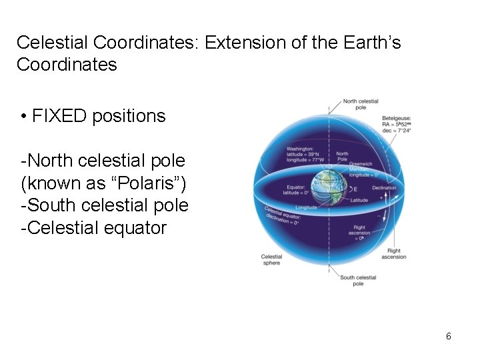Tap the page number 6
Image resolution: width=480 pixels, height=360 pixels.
[x=449, y=336]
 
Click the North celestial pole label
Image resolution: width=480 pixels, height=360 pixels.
[x=360, y=104]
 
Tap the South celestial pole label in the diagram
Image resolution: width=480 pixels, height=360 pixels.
[x=358, y=281]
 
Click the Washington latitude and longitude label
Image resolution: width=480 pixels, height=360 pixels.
[x=305, y=154]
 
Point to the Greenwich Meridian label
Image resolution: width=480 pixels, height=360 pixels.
[x=363, y=169]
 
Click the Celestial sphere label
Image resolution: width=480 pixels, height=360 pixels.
[x=271, y=259]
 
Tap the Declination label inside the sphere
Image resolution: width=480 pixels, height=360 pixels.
[x=383, y=188]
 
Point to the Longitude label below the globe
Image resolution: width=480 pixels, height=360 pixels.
[x=306, y=207]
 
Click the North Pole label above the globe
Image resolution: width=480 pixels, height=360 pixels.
[x=342, y=157]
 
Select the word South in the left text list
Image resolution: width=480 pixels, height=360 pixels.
[x=49, y=205]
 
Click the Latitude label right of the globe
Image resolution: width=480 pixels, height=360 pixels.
[x=359, y=200]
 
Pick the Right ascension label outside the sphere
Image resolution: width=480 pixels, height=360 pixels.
[x=393, y=254]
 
